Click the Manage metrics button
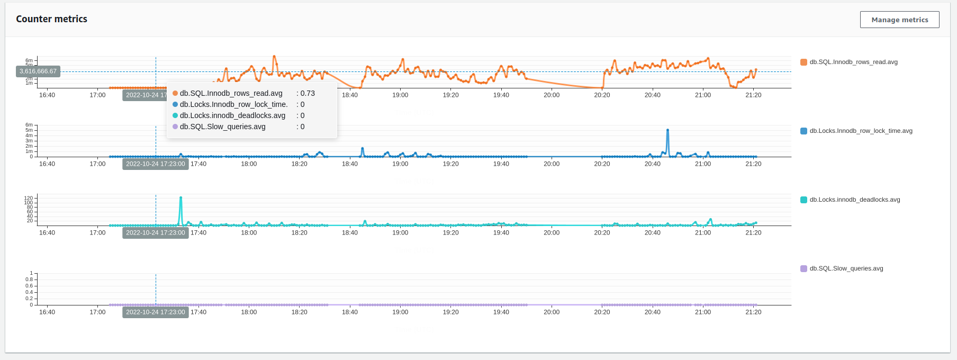click(x=899, y=20)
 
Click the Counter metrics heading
click(x=52, y=19)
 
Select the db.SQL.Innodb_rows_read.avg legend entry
click(x=853, y=62)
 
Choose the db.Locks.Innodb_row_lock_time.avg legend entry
click(x=861, y=131)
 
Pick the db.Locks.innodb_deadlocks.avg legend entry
click(x=854, y=200)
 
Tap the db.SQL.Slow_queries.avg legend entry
click(x=846, y=268)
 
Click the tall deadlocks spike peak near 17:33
click(x=181, y=198)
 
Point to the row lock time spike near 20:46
click(x=667, y=130)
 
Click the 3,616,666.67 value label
click(x=38, y=71)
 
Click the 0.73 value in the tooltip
click(x=308, y=93)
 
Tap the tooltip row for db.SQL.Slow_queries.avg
click(x=222, y=127)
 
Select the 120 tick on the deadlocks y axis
click(x=28, y=198)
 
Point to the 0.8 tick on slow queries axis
click(x=29, y=280)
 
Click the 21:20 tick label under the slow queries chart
click(x=753, y=312)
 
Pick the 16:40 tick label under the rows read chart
click(x=47, y=95)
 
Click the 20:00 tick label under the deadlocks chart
click(x=552, y=233)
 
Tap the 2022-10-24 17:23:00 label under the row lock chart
click(x=156, y=164)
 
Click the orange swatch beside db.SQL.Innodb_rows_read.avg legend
click(x=803, y=62)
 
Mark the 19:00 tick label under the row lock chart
click(x=400, y=164)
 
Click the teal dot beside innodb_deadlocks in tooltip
click(x=175, y=115)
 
